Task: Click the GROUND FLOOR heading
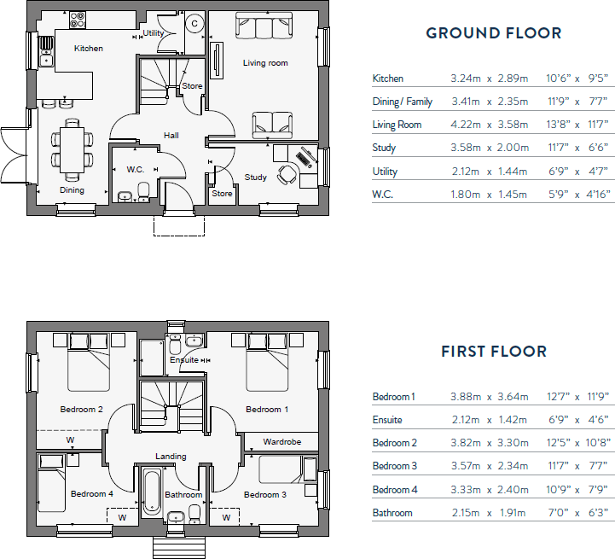(x=493, y=33)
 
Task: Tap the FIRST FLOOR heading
(x=494, y=352)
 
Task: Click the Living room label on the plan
(x=265, y=63)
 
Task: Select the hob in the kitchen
(x=78, y=20)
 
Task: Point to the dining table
(x=72, y=150)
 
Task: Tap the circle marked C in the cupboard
(x=194, y=24)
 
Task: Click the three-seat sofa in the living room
(x=264, y=26)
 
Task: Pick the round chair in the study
(x=287, y=173)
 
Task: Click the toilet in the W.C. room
(x=144, y=192)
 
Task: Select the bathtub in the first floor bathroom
(x=151, y=492)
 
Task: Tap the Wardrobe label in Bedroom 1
(x=282, y=442)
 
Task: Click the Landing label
(x=171, y=456)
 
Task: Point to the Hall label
(x=171, y=136)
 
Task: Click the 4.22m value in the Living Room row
(x=466, y=125)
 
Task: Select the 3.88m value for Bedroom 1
(x=466, y=397)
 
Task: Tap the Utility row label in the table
(x=385, y=172)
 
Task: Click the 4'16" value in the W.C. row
(x=599, y=195)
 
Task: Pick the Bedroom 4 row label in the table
(x=395, y=490)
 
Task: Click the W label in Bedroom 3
(x=226, y=518)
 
